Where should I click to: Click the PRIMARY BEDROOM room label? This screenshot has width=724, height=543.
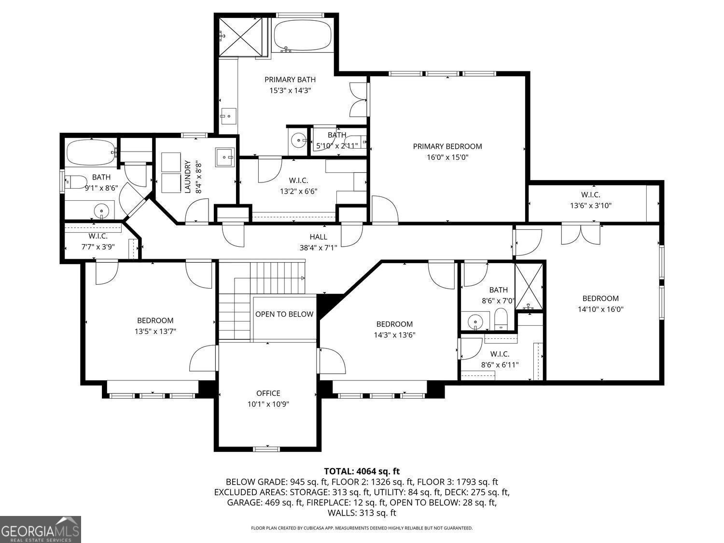[447, 146]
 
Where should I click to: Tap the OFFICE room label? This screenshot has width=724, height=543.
[268, 393]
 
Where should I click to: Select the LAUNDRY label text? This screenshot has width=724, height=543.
[188, 177]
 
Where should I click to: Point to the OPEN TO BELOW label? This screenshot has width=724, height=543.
[284, 314]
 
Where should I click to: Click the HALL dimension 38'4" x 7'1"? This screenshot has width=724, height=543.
[318, 248]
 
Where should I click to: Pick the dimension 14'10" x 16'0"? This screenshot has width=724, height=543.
[600, 309]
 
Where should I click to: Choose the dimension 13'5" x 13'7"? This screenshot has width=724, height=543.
[155, 331]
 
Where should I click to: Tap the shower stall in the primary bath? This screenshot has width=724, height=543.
[240, 37]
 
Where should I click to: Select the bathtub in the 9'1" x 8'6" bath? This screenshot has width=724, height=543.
[91, 153]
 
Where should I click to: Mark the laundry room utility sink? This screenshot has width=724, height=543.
[224, 158]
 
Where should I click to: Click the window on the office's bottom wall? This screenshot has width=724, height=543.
[266, 449]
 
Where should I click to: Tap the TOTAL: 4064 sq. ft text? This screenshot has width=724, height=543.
[362, 471]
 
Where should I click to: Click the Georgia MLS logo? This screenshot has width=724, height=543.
[40, 529]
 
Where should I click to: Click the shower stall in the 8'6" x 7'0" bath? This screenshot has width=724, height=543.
[529, 287]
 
